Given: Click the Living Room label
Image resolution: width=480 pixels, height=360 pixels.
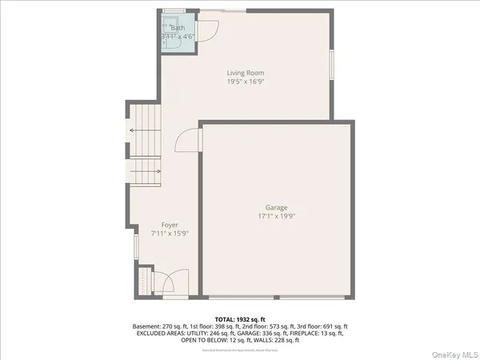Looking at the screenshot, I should point(244,73).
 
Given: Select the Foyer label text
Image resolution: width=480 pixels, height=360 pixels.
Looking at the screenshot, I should point(170,225).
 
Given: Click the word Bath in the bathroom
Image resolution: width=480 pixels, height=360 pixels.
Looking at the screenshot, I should point(177,28).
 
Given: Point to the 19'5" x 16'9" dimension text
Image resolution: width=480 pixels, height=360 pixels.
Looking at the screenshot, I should point(244,81).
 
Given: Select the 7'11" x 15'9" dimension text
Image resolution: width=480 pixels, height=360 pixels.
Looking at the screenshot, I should point(170,234).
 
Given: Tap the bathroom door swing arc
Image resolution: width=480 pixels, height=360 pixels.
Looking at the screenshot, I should point(207,31).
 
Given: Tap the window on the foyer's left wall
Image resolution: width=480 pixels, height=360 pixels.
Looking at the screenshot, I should point(135,247).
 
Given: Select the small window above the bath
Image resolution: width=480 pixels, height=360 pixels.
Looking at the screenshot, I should point(174,11).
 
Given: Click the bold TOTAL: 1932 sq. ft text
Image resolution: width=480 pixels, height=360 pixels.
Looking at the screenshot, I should point(239,318).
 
